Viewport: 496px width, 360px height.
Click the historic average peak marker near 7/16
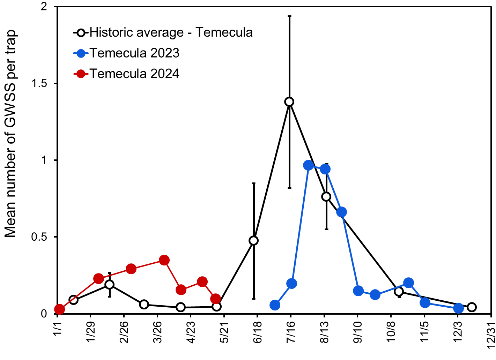tap(289, 102)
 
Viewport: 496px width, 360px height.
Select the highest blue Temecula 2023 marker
tap(308, 165)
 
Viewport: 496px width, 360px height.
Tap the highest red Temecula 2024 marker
tap(164, 260)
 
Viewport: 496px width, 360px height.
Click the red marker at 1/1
tap(59, 309)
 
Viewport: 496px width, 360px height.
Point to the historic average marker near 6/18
tap(254, 240)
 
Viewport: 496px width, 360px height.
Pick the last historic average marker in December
tap(472, 307)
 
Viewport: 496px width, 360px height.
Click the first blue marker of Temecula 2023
tap(275, 305)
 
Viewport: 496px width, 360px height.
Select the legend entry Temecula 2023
tap(134, 53)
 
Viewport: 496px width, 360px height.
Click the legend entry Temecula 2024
tap(134, 74)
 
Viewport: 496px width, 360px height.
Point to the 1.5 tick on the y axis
tap(39, 84)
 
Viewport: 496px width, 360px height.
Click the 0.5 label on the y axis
tap(39, 237)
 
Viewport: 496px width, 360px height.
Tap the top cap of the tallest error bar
tap(289, 16)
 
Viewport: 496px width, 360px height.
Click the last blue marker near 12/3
tap(458, 308)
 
